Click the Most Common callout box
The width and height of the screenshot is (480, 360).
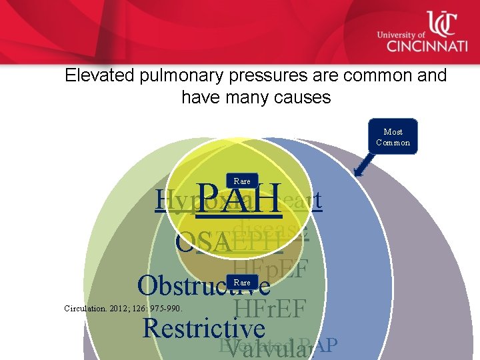393,137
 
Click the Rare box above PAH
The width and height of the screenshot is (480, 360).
242,181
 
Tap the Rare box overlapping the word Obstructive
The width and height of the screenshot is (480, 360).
242,282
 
